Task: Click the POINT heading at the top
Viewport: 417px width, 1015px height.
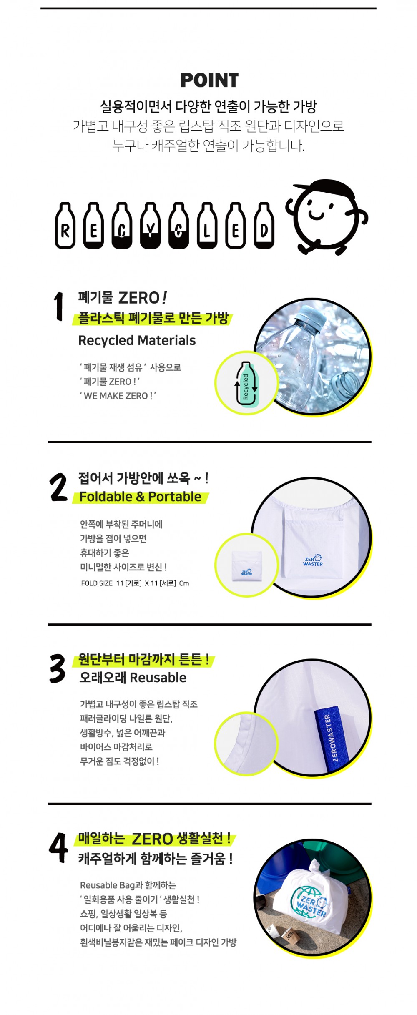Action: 209,80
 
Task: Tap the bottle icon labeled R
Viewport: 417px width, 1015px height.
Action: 65,226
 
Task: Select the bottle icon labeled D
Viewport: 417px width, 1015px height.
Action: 264,226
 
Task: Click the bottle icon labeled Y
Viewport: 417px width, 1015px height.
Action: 151,226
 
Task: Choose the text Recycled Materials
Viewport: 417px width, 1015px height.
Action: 137,340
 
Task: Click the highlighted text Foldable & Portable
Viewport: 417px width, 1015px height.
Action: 141,497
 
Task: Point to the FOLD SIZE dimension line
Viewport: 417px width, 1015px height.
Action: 135,583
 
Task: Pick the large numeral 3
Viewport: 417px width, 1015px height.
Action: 58,668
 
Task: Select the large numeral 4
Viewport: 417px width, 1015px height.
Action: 58,847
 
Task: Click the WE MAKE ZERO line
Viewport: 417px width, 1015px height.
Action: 118,396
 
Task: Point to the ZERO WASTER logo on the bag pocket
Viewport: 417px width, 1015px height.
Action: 313,560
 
